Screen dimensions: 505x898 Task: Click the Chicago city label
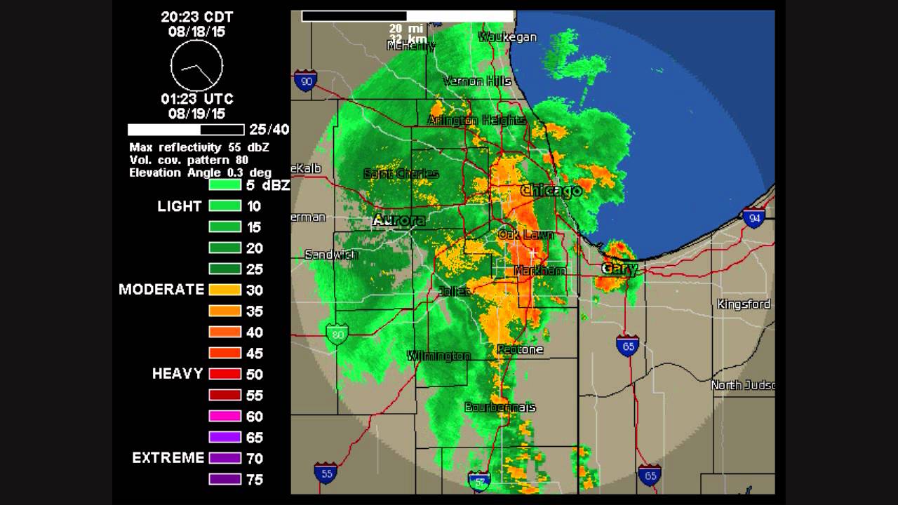(x=551, y=191)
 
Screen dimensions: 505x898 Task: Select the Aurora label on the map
(x=398, y=220)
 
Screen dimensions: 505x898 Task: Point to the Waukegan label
(x=507, y=37)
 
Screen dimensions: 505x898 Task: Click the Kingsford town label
(x=744, y=304)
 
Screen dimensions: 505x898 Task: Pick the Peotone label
(x=520, y=349)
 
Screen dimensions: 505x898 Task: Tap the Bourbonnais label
(x=500, y=408)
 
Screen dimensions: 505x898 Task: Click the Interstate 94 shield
(x=753, y=218)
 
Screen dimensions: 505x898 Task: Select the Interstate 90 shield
(x=305, y=81)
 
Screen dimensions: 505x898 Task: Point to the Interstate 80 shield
(x=337, y=334)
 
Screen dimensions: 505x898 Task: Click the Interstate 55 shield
(x=325, y=473)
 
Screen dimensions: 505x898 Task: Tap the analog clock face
(x=196, y=65)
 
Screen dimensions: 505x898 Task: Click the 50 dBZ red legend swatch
(x=225, y=374)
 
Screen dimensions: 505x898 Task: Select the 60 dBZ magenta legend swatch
(x=225, y=416)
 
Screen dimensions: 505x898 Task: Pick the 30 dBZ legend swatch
(x=225, y=290)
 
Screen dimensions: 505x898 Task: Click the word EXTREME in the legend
(x=168, y=458)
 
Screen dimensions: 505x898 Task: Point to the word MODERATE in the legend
(x=161, y=290)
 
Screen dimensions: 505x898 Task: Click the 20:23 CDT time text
(x=196, y=17)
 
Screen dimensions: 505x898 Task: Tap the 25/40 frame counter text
(x=269, y=130)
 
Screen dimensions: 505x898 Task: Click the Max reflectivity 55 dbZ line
(x=199, y=147)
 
